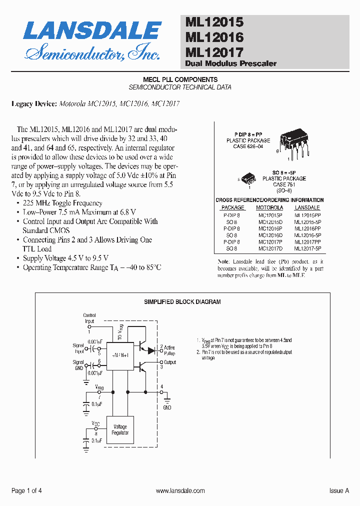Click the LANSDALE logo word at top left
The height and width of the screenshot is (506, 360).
92,31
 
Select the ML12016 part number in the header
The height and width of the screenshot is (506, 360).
214,37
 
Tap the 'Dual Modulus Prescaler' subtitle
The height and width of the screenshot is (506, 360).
230,63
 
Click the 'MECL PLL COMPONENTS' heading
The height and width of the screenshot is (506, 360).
180,79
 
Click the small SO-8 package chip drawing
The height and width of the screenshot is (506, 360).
248,177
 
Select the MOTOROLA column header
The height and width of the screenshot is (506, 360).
269,207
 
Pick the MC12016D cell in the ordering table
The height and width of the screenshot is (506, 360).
270,234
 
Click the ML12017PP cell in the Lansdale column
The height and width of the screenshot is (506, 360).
307,241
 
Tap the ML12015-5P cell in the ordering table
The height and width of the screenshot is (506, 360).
307,221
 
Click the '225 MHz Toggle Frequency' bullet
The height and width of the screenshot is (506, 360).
62,203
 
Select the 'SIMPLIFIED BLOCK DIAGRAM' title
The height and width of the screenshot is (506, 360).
182,302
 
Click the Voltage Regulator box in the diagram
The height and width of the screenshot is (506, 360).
120,429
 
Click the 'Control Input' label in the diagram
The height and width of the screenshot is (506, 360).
89,318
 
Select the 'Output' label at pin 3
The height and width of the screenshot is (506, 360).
170,362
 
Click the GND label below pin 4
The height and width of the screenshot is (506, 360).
167,407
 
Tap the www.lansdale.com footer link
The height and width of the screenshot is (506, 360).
180,491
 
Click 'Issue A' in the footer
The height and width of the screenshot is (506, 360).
339,491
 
